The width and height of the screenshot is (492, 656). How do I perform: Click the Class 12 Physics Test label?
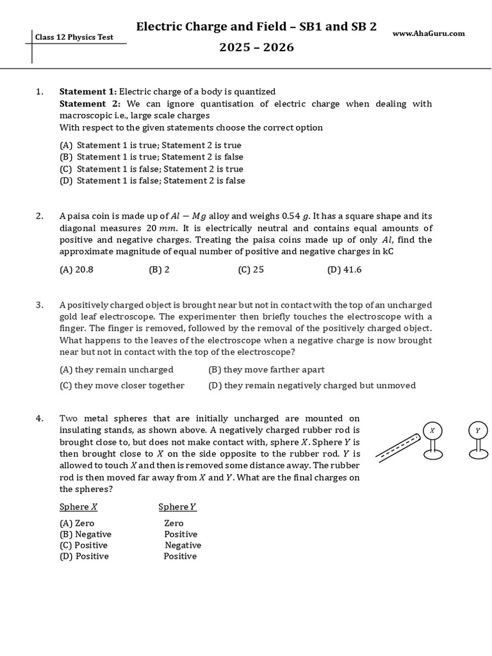pyautogui.click(x=74, y=37)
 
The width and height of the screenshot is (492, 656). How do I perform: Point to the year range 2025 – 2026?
pyautogui.click(x=256, y=47)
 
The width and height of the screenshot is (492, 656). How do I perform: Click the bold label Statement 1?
pyautogui.click(x=88, y=92)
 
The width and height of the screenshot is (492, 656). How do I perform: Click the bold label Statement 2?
pyautogui.click(x=88, y=103)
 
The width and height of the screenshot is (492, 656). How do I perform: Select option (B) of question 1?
pyautogui.click(x=151, y=157)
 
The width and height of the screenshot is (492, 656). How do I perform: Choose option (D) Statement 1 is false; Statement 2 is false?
pyautogui.click(x=152, y=181)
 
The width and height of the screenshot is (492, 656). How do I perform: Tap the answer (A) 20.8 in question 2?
pyautogui.click(x=76, y=270)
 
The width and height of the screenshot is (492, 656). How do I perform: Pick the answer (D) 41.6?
pyautogui.click(x=344, y=270)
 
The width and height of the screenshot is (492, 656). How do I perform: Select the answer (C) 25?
pyautogui.click(x=250, y=270)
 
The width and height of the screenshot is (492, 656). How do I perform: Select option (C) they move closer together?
pyautogui.click(x=122, y=385)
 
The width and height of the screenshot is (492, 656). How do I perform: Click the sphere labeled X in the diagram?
pyautogui.click(x=432, y=430)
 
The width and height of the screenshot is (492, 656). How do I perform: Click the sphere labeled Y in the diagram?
pyautogui.click(x=477, y=430)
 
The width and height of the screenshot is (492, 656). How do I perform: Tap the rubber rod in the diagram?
pyautogui.click(x=397, y=448)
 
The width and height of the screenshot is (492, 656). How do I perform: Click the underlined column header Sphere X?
pyautogui.click(x=78, y=507)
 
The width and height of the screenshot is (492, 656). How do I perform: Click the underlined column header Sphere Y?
pyautogui.click(x=177, y=507)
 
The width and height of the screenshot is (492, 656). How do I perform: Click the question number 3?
pyautogui.click(x=40, y=304)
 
